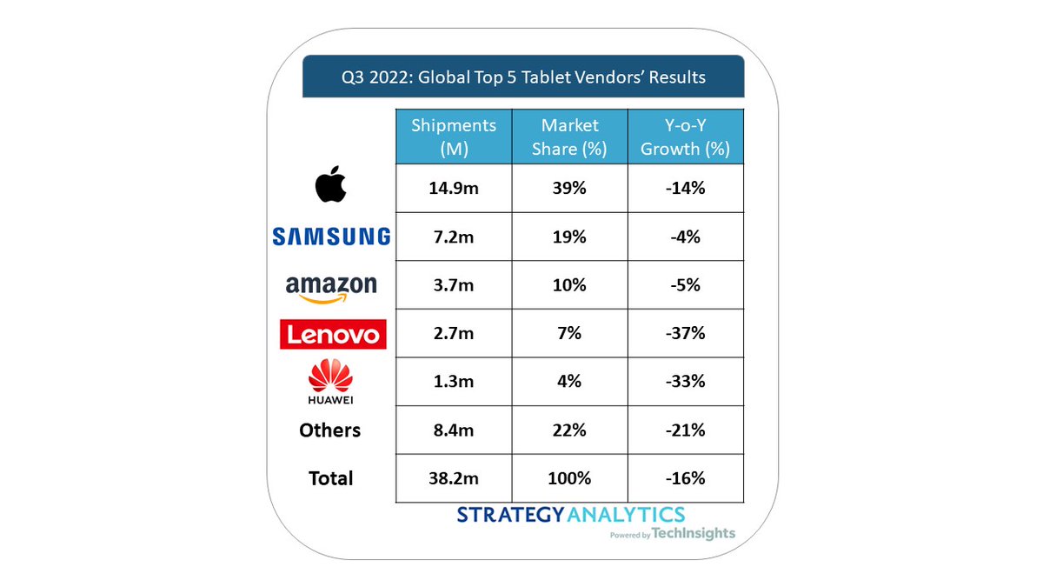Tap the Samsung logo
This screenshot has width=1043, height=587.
tap(331, 237)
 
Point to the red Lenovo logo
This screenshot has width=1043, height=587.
tap(331, 334)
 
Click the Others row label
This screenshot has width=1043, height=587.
tap(329, 430)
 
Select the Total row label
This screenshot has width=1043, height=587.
tap(329, 478)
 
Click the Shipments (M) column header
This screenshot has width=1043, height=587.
tap(453, 137)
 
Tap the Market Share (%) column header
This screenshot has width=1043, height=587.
tap(569, 137)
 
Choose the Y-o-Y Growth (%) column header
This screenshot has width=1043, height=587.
tap(685, 137)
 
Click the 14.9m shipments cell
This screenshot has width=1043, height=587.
tap(453, 189)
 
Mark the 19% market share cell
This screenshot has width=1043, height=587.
tap(569, 237)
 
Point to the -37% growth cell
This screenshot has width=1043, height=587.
tap(685, 333)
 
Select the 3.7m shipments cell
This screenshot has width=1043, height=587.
tap(453, 285)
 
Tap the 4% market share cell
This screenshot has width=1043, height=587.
tap(569, 382)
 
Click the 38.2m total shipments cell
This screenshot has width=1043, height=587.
tap(453, 478)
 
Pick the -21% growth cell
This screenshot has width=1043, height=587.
tap(685, 430)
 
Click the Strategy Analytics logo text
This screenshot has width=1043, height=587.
tap(570, 515)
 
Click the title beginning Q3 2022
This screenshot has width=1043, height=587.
tap(522, 77)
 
